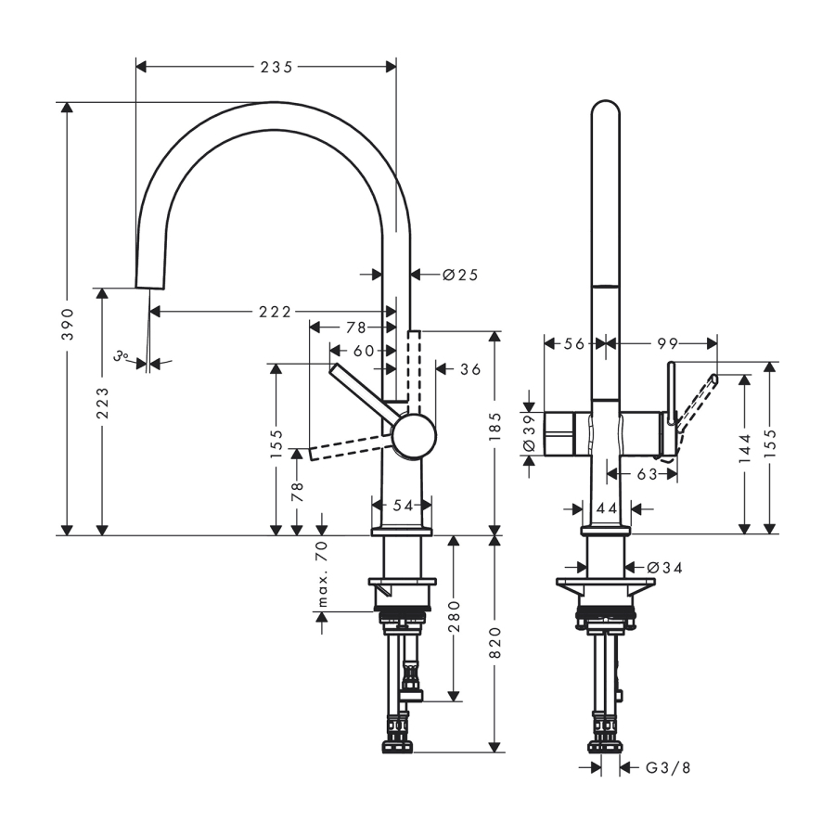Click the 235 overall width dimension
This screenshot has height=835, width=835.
click(x=276, y=67)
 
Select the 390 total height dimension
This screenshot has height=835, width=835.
click(x=68, y=324)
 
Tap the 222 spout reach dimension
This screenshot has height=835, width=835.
click(x=276, y=312)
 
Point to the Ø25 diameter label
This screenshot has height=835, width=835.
click(x=460, y=275)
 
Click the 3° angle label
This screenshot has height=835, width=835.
click(x=122, y=355)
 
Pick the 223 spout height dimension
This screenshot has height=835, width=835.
click(x=102, y=403)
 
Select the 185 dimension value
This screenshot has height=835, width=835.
click(x=495, y=426)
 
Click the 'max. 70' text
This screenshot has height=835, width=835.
click(x=323, y=573)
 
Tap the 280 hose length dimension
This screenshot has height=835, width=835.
click(x=454, y=616)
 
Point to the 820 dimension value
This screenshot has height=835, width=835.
click(x=495, y=642)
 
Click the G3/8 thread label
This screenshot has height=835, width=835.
click(x=668, y=768)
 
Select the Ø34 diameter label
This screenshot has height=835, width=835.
click(x=664, y=568)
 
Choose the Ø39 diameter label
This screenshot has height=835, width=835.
click(x=529, y=433)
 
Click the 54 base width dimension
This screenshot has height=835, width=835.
click(x=404, y=506)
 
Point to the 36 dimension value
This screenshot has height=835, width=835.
click(x=470, y=369)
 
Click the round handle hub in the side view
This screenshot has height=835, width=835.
click(x=415, y=436)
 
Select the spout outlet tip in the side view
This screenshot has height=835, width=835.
click(x=150, y=289)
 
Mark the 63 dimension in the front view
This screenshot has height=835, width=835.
click(x=647, y=474)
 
